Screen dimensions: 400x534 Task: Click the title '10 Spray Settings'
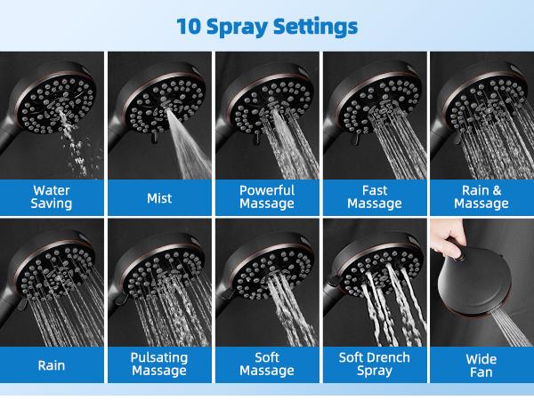[267, 25]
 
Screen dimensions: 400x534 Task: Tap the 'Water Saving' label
[53, 196]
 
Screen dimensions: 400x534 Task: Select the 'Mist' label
[159, 197]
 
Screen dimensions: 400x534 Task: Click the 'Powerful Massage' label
[267, 196]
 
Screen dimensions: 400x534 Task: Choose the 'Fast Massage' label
[374, 196]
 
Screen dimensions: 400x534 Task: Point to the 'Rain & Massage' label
[481, 196]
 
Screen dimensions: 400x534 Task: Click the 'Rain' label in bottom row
[53, 364]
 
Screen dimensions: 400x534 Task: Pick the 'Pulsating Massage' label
[159, 364]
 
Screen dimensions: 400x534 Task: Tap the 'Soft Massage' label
[267, 364]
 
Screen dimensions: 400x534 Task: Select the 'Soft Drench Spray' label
[374, 364]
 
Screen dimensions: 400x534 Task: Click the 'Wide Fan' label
[481, 364]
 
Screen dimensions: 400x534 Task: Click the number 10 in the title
[190, 25]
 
